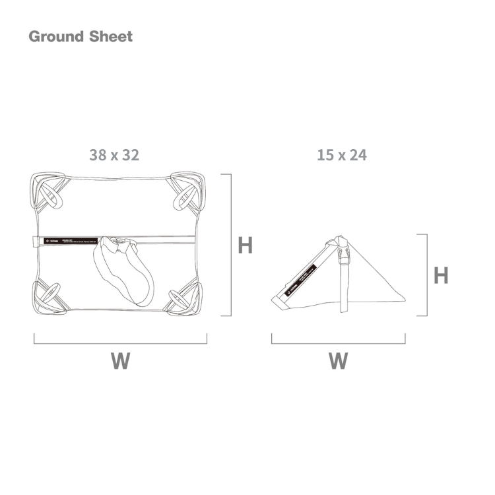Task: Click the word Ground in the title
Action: (x=53, y=36)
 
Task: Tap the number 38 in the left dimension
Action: (x=98, y=155)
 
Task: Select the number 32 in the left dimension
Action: (x=130, y=155)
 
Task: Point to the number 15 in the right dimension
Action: (x=325, y=155)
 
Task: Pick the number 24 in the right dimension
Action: (x=358, y=155)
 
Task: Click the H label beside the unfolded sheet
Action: (x=245, y=246)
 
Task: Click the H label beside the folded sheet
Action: (x=441, y=275)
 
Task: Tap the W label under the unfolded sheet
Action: (x=120, y=361)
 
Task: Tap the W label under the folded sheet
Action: (x=338, y=361)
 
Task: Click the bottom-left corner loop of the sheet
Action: (x=49, y=296)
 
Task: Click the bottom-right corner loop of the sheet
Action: (x=183, y=296)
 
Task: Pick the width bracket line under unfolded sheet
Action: (x=120, y=343)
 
